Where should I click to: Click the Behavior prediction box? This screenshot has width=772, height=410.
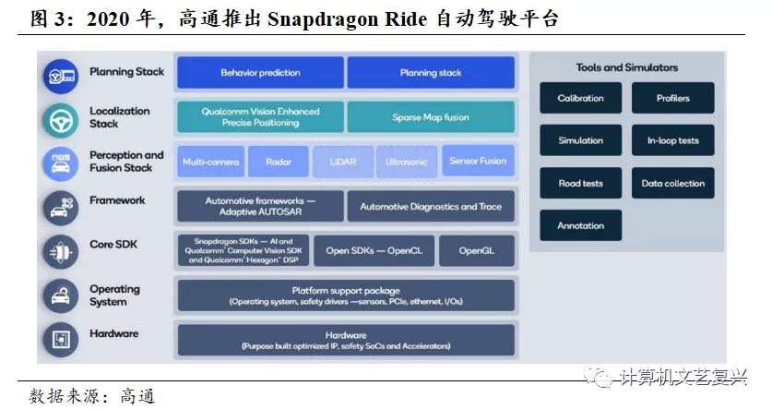pyautogui.click(x=259, y=73)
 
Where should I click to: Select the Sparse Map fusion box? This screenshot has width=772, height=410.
pyautogui.click(x=431, y=117)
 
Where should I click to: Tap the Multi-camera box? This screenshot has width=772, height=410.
pyautogui.click(x=210, y=162)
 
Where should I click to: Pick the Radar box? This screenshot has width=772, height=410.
pyautogui.click(x=279, y=162)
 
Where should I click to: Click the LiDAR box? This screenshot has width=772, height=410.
pyautogui.click(x=343, y=162)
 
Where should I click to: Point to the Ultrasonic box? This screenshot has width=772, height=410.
pyautogui.click(x=407, y=162)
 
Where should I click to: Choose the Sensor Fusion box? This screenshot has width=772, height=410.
pyautogui.click(x=478, y=162)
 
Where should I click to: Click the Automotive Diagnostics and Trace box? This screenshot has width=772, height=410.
pyautogui.click(x=431, y=207)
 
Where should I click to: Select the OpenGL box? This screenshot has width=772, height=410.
pyautogui.click(x=477, y=250)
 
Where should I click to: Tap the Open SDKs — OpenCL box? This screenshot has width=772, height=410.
pyautogui.click(x=374, y=250)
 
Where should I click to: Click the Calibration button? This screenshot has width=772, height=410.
pyautogui.click(x=580, y=98)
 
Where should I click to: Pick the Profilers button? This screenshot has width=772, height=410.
pyautogui.click(x=672, y=98)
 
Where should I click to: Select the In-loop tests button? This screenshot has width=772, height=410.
pyautogui.click(x=672, y=141)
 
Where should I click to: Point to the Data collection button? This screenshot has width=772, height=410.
pyautogui.click(x=672, y=183)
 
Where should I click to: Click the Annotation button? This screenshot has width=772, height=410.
pyautogui.click(x=580, y=225)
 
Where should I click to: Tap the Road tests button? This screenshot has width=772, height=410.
pyautogui.click(x=580, y=183)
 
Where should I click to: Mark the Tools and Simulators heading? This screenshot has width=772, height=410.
pyautogui.click(x=626, y=67)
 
